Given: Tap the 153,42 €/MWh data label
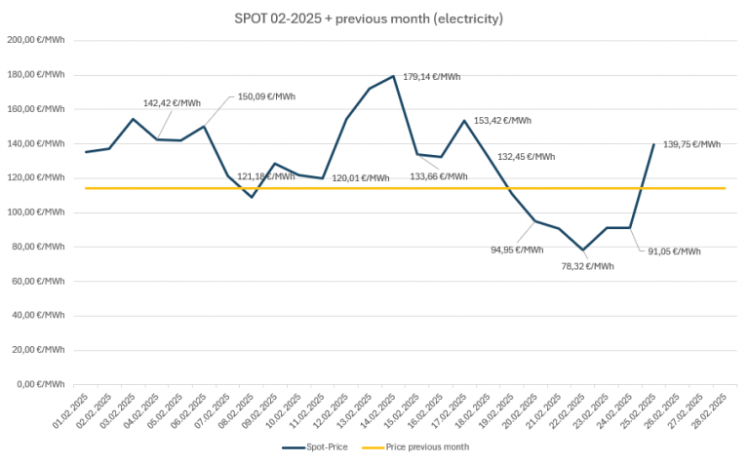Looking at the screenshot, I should click(502, 121).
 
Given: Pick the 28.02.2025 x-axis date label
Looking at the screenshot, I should click(715, 408).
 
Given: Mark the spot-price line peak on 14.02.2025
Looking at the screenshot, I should click(394, 76).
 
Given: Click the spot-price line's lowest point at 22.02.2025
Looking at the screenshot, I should click(583, 250).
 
